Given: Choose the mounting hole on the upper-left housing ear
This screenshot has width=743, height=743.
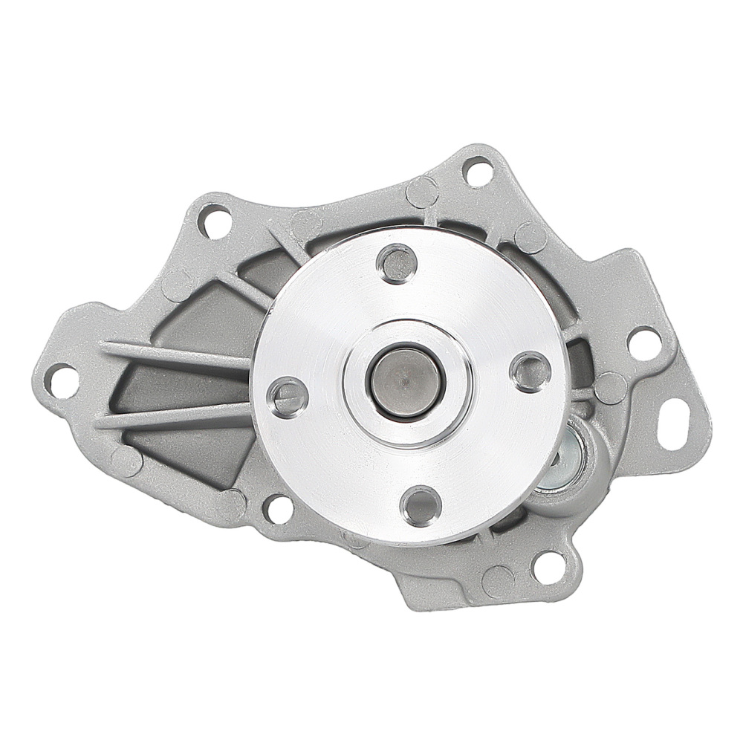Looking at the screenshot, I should (212, 224).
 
